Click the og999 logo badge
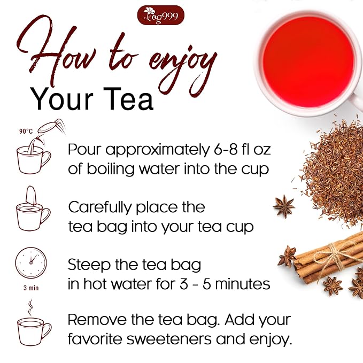point(161,16)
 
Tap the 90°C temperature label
point(26,132)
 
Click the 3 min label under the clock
point(31,288)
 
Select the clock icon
point(31,262)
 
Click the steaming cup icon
point(34,324)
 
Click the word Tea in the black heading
point(132,99)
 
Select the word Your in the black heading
point(62,99)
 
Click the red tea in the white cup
point(308,62)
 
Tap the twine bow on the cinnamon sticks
point(335,254)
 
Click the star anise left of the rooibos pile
point(284,206)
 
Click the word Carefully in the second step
point(100,208)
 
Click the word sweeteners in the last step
point(169,339)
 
